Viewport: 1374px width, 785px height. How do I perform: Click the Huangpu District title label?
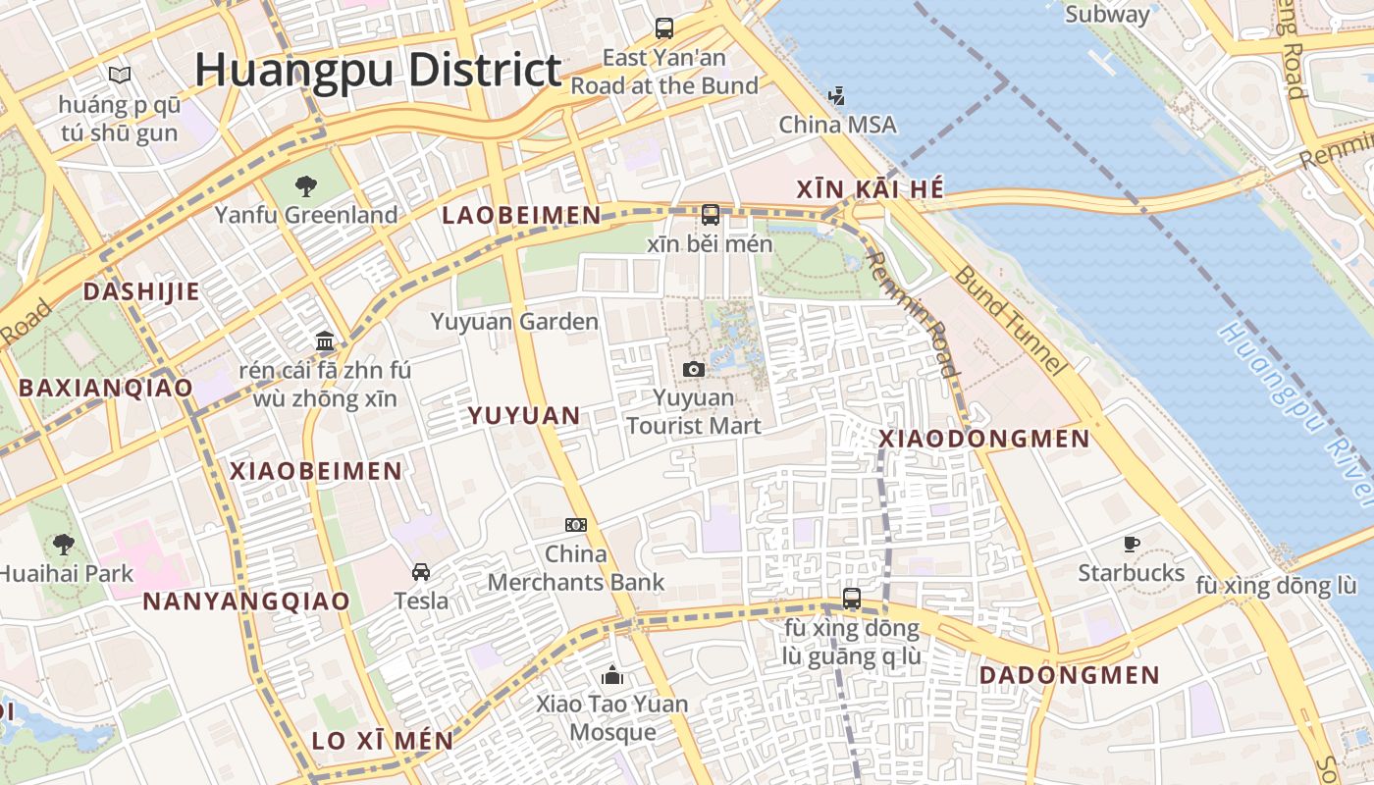tap(378, 71)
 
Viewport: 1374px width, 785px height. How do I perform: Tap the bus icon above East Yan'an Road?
tap(664, 27)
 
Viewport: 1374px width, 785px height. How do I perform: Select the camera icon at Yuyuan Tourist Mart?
tap(694, 369)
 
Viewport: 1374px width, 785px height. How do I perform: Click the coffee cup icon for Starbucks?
tap(1132, 544)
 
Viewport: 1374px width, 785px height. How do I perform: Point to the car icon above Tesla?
tap(421, 571)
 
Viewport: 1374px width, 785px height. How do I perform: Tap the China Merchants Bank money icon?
tap(576, 525)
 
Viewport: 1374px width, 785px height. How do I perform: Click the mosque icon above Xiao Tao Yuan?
tap(613, 675)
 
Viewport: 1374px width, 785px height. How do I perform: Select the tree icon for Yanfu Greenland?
tap(306, 185)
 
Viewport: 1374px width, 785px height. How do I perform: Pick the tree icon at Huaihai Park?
tap(64, 544)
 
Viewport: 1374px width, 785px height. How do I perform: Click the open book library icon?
tap(120, 75)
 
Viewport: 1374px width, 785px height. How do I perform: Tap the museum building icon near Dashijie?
tap(325, 341)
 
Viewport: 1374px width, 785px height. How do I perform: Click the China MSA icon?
tap(836, 96)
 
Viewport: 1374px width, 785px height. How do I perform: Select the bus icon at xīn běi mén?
tap(711, 214)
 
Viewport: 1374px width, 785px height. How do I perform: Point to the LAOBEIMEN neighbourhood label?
tap(521, 216)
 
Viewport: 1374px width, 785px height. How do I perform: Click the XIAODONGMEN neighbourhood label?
tap(984, 439)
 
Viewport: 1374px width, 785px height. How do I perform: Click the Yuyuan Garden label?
tap(514, 322)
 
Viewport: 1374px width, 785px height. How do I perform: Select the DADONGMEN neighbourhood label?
tap(1070, 675)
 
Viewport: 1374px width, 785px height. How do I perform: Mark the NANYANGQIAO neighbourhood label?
tap(246, 602)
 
